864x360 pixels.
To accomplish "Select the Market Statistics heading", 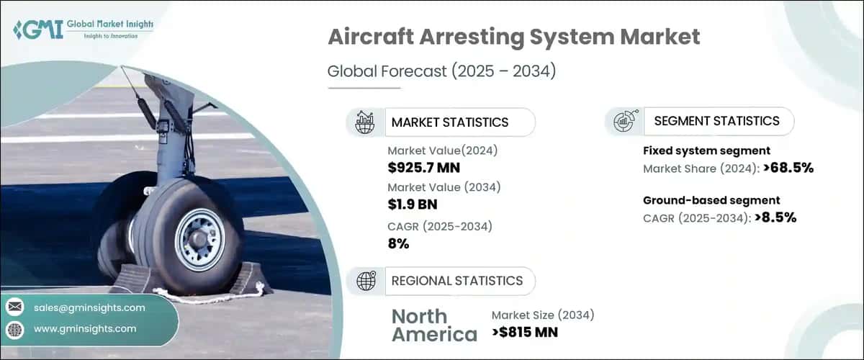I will [x=449, y=122].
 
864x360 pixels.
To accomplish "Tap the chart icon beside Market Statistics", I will [x=365, y=122].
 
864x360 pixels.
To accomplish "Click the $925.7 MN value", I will [x=423, y=168].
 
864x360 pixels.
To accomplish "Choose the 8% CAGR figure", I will [x=398, y=243].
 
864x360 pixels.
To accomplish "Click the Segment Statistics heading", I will [x=716, y=121].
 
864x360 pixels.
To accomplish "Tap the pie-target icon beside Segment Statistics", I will [x=623, y=122].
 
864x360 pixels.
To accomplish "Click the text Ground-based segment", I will [x=711, y=200].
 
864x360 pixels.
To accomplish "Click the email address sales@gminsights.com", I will [x=89, y=307].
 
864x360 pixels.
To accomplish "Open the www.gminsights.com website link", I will [x=84, y=329].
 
